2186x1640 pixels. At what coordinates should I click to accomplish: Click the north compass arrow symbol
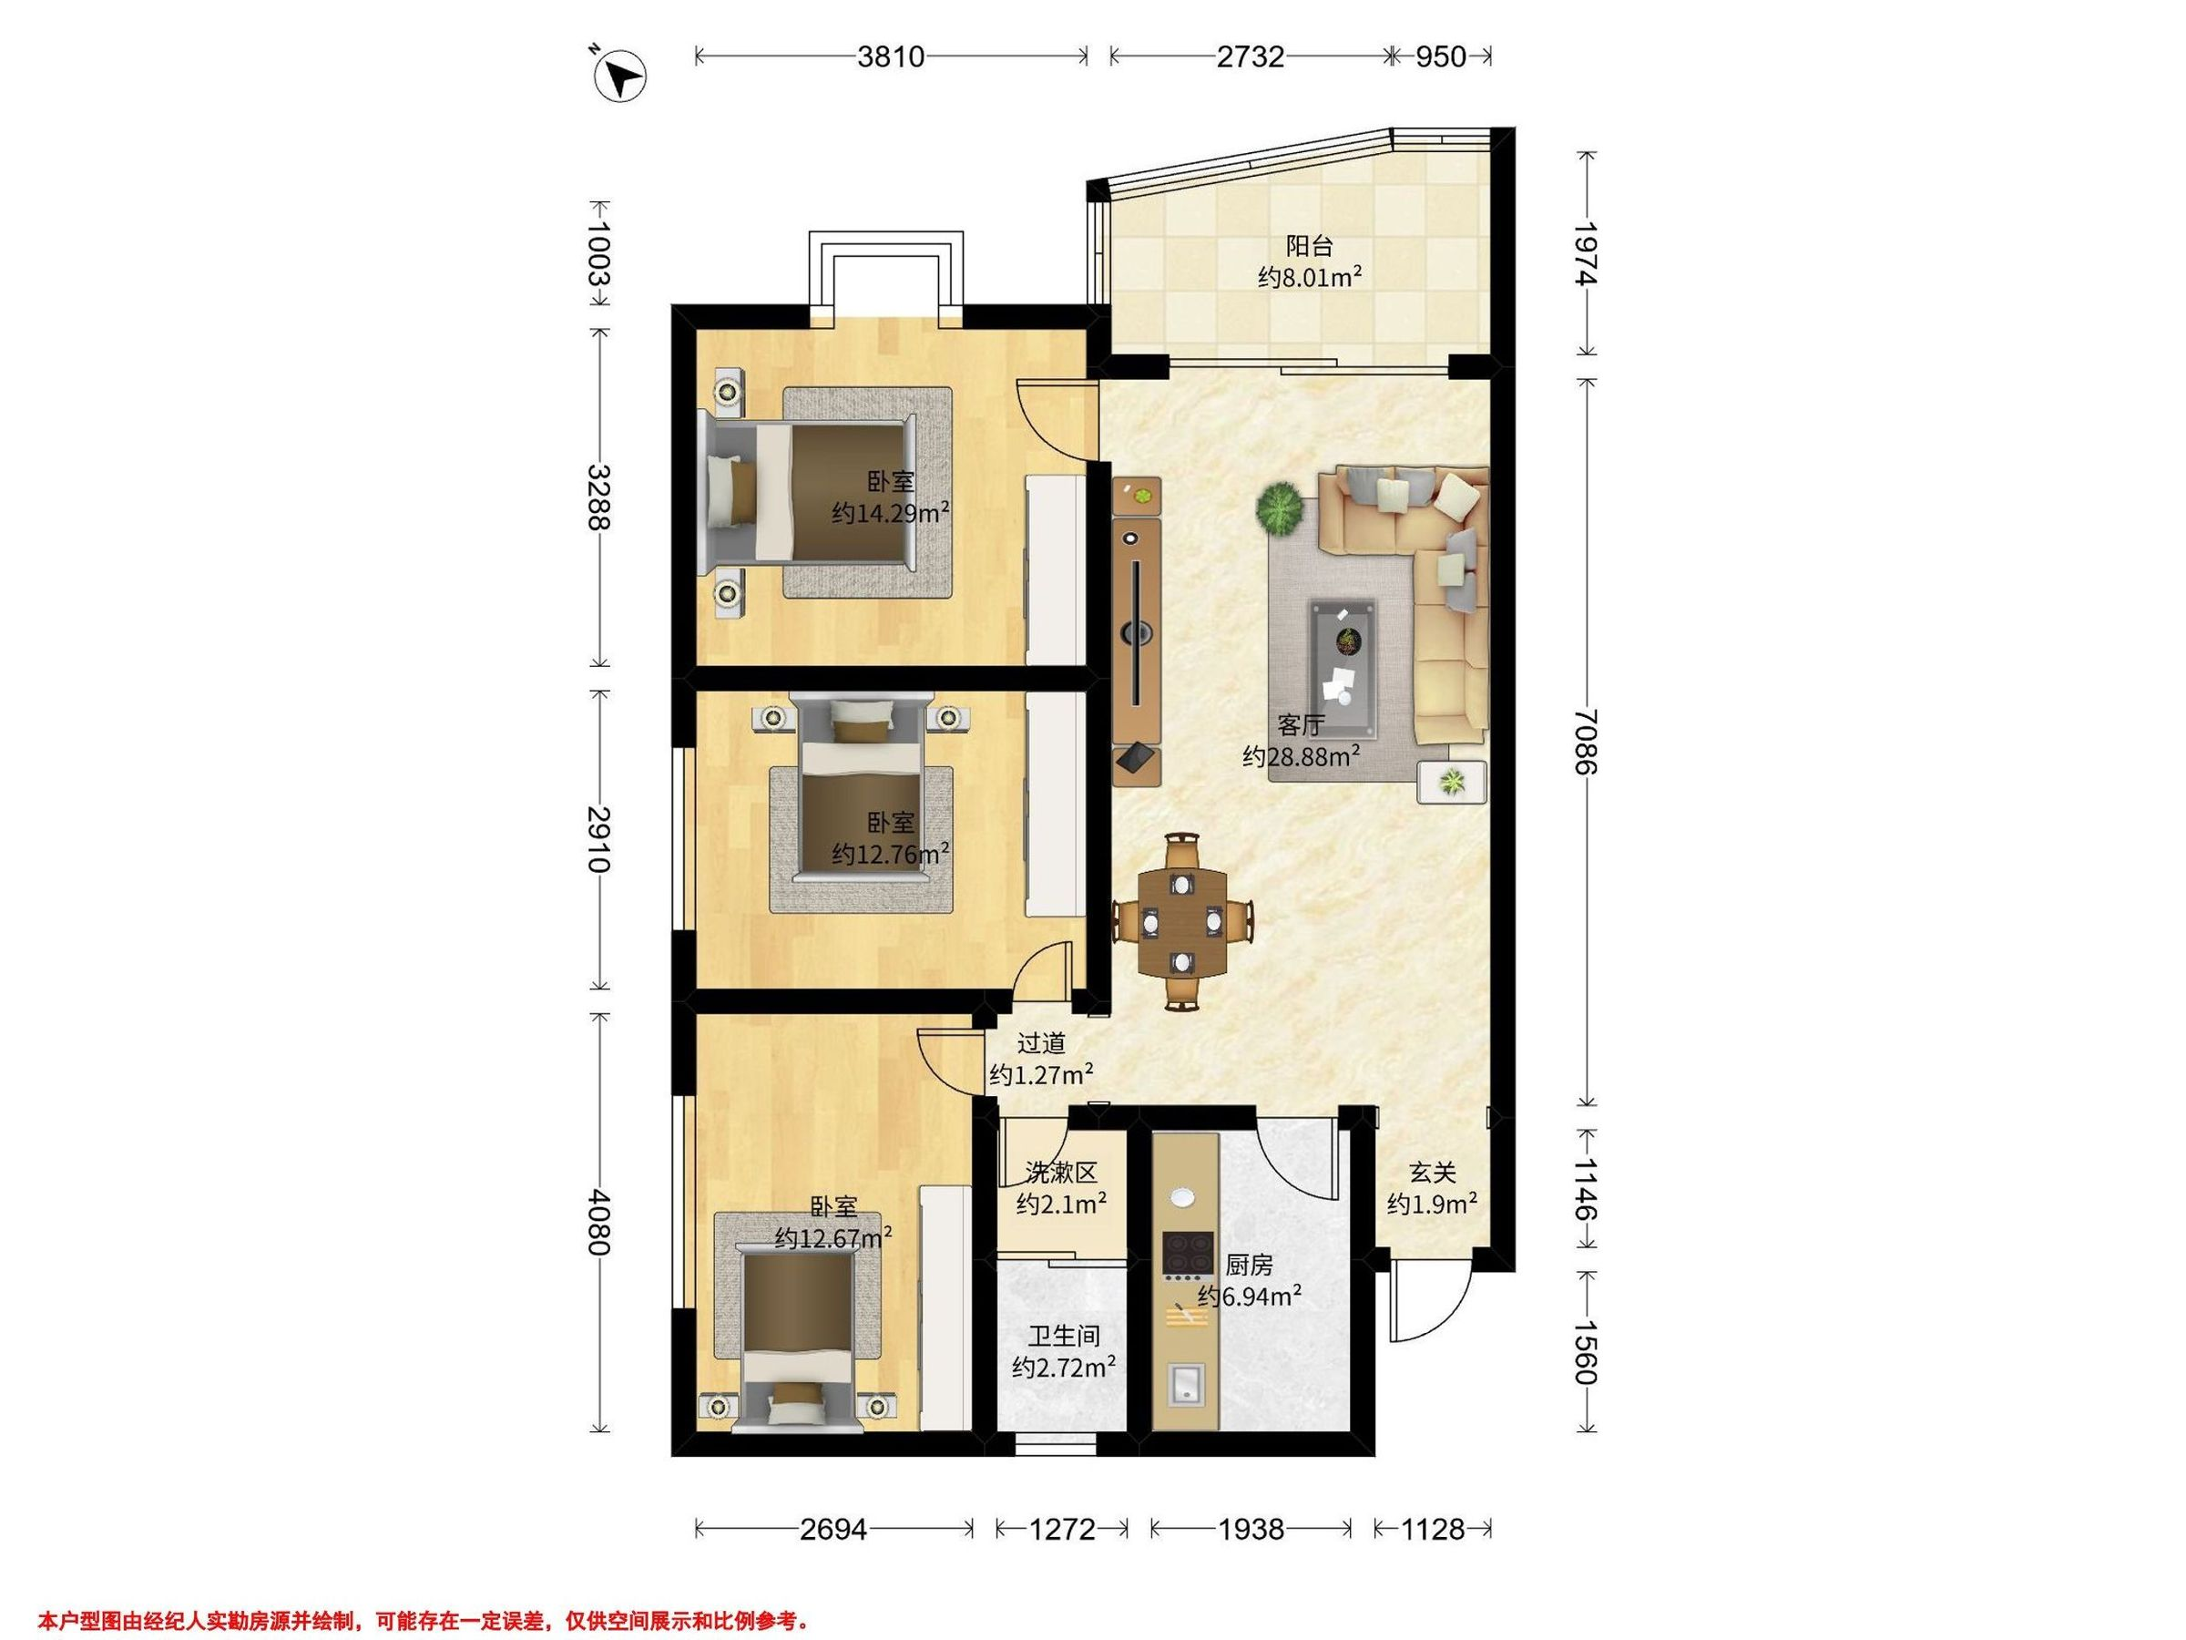[619, 75]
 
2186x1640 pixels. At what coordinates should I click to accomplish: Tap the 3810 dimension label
[891, 57]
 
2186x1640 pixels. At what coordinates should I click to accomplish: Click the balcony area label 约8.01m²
[1311, 278]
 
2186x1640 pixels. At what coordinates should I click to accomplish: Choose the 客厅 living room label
[1301, 724]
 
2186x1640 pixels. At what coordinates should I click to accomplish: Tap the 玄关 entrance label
[1432, 1173]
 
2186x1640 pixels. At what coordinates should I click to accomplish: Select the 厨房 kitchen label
[1248, 1265]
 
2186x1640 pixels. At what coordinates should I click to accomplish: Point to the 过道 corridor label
[1042, 1043]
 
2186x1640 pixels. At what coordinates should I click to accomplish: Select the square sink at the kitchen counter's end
[1185, 1384]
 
